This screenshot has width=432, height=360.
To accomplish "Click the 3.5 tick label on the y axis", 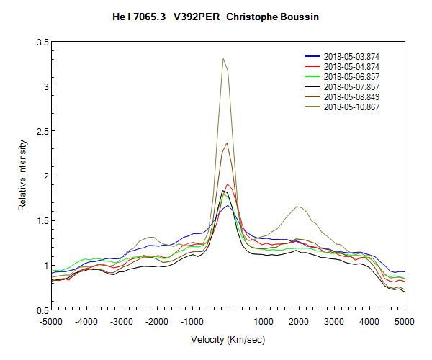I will [x=42, y=43].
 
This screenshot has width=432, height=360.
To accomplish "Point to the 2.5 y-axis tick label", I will [x=42, y=132].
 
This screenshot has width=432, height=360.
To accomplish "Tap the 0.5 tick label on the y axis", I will [x=42, y=310].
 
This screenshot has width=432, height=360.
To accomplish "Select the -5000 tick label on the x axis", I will [x=51, y=321].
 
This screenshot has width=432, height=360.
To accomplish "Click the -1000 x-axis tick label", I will [x=192, y=321].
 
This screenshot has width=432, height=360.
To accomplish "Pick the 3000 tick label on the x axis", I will [x=334, y=321].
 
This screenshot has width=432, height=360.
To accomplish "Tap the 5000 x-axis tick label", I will [x=404, y=321].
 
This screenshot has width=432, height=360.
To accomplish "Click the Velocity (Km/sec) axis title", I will [x=227, y=339].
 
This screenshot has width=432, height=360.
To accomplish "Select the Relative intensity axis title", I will [x=23, y=176].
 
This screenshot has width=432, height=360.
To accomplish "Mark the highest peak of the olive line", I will [x=223, y=59].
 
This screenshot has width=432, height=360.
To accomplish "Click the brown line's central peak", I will [x=227, y=143].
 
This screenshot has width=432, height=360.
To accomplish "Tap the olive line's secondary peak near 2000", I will [x=297, y=207].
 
